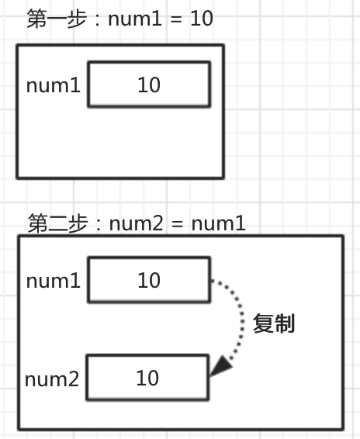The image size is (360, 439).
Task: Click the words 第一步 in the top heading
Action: (57, 19)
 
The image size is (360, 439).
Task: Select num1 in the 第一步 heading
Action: (135, 19)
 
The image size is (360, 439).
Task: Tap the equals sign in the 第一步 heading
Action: (176, 20)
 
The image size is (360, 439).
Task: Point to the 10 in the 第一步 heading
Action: (202, 19)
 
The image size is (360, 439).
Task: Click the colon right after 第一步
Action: (97, 20)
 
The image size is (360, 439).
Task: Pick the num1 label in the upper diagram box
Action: (54, 85)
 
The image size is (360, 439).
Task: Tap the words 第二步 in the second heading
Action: (58, 223)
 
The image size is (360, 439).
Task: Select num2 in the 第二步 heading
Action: (136, 223)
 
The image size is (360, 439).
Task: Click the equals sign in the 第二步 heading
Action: (178, 224)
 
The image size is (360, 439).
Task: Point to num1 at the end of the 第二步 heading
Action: (219, 223)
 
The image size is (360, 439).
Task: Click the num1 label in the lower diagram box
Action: (54, 281)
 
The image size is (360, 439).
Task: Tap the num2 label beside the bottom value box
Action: (52, 379)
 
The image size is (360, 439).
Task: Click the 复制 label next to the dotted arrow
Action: (274, 323)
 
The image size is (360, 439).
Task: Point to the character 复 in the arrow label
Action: (263, 323)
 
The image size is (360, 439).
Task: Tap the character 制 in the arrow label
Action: (285, 323)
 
